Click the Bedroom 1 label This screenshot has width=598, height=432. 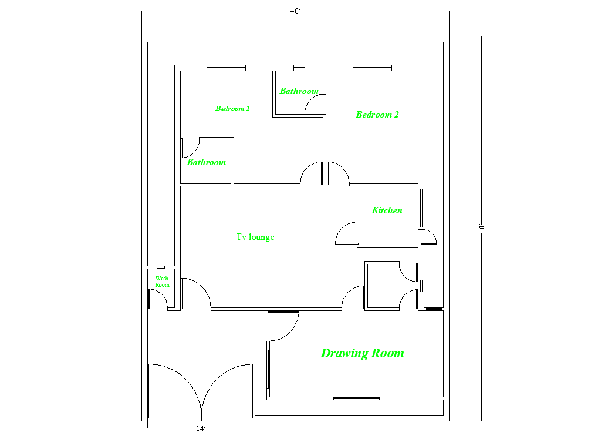(x=233, y=109)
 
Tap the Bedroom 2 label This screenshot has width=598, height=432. (x=377, y=115)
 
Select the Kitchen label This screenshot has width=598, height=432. (x=387, y=210)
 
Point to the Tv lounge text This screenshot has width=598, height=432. (x=255, y=237)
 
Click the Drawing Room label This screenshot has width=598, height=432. (x=362, y=353)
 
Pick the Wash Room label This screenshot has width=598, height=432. (x=162, y=282)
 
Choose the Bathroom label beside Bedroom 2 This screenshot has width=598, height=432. (x=299, y=91)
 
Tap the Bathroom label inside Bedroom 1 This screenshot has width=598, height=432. (x=206, y=162)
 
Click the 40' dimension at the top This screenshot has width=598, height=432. (x=296, y=11)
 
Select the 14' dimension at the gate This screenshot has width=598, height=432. (x=201, y=428)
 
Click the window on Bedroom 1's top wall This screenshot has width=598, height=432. (x=226, y=68)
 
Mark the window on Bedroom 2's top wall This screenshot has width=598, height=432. (x=372, y=68)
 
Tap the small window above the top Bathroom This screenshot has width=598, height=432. (x=299, y=68)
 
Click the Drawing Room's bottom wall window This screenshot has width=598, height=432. (x=356, y=398)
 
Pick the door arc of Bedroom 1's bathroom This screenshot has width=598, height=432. (x=188, y=149)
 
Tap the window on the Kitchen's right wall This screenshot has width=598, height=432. (x=420, y=208)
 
